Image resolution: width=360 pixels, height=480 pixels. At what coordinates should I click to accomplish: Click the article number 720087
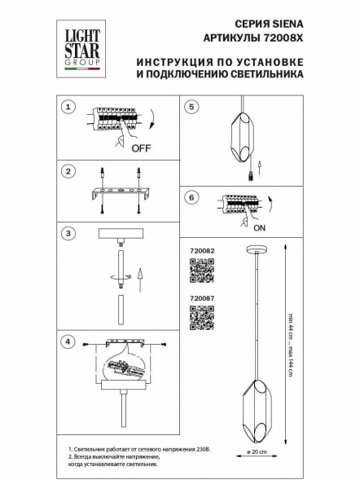[x=200, y=299]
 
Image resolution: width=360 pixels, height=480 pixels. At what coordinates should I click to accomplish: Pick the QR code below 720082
[x=200, y=271]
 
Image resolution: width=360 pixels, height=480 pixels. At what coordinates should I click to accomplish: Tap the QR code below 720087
[x=200, y=318]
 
